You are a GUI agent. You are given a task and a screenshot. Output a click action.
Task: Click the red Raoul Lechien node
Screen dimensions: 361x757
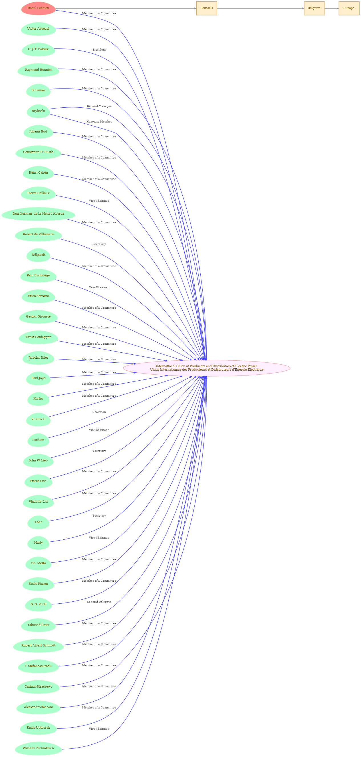point(38,8)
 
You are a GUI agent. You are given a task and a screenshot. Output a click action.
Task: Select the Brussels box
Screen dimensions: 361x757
point(207,8)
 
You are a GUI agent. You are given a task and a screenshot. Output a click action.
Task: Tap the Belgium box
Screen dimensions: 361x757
point(314,8)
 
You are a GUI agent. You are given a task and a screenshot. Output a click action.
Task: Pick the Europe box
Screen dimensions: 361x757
point(349,8)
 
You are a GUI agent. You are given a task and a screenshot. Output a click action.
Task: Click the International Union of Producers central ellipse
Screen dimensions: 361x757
point(207,368)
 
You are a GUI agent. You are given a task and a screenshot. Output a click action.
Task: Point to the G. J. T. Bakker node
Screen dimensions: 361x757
point(38,49)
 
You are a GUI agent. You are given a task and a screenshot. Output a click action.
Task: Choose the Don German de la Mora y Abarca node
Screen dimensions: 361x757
point(38,214)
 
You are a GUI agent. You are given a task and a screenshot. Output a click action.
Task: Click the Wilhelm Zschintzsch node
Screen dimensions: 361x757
point(38,748)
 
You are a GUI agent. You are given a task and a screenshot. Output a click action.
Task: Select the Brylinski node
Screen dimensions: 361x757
point(38,111)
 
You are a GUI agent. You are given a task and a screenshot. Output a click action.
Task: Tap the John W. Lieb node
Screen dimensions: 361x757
point(38,461)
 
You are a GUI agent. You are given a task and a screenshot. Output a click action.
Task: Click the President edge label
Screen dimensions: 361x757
point(99,50)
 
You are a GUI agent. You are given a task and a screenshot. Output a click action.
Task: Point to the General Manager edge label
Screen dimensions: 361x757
point(99,106)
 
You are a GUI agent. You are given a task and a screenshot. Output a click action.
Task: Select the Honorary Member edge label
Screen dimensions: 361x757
point(99,122)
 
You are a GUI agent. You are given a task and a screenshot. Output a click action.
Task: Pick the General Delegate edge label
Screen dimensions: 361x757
point(99,602)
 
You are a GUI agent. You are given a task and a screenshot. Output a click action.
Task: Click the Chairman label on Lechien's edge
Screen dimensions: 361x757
point(99,412)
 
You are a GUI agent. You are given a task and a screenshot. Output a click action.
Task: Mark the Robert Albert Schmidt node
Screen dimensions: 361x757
point(38,645)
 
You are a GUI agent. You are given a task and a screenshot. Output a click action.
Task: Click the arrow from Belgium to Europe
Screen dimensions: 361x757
point(332,8)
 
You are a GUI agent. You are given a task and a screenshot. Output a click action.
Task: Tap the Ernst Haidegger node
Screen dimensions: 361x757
point(38,337)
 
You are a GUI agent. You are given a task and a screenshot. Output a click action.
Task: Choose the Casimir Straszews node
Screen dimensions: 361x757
point(38,686)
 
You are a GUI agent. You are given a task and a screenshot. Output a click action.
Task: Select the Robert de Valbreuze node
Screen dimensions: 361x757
point(38,234)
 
